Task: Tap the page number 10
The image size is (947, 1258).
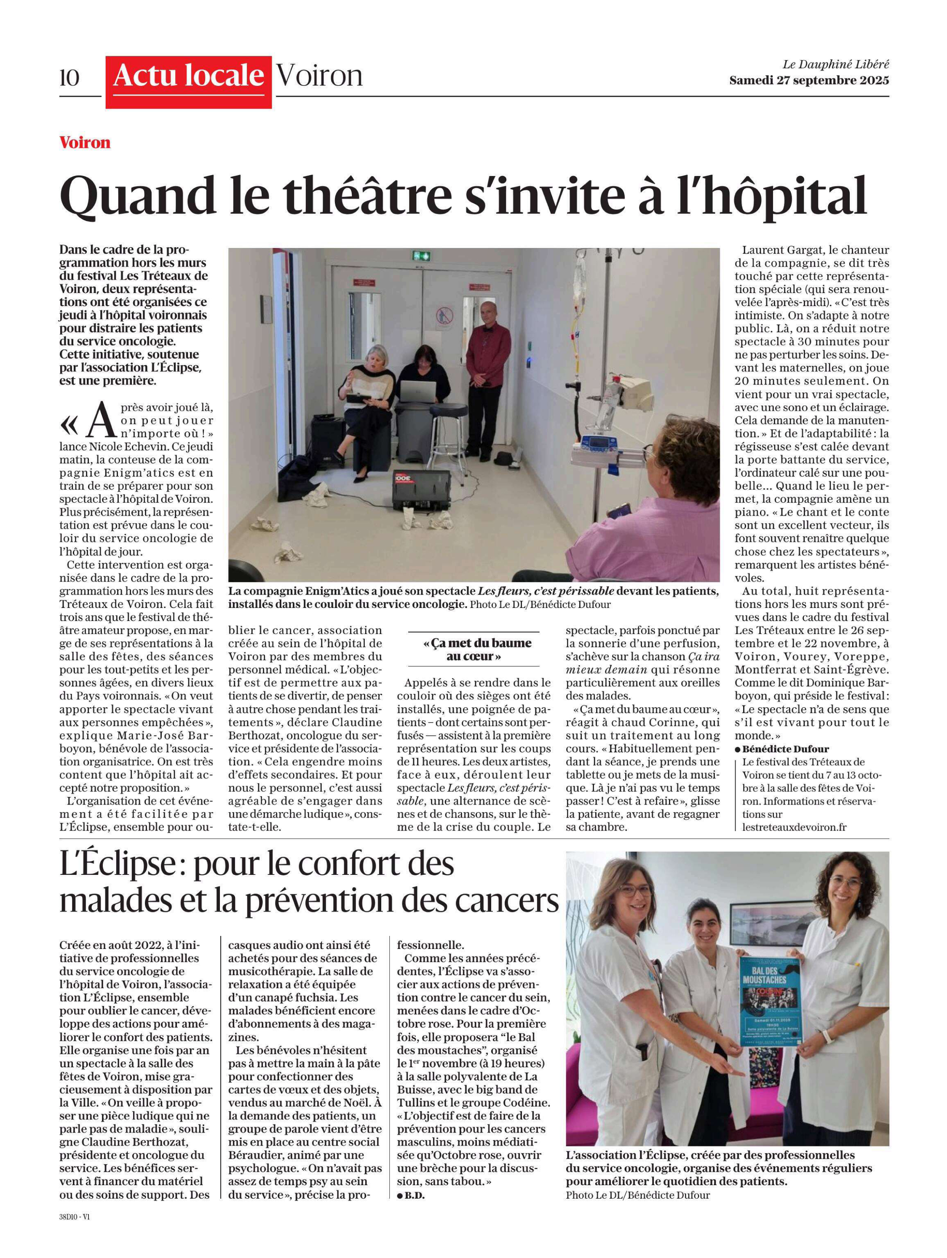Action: (x=70, y=78)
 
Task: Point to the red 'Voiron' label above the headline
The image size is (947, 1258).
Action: (x=85, y=143)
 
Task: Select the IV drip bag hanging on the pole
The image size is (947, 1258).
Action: (x=581, y=279)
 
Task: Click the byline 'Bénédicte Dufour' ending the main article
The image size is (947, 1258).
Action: (x=784, y=749)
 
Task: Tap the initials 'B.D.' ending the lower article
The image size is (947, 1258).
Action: (x=414, y=1195)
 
